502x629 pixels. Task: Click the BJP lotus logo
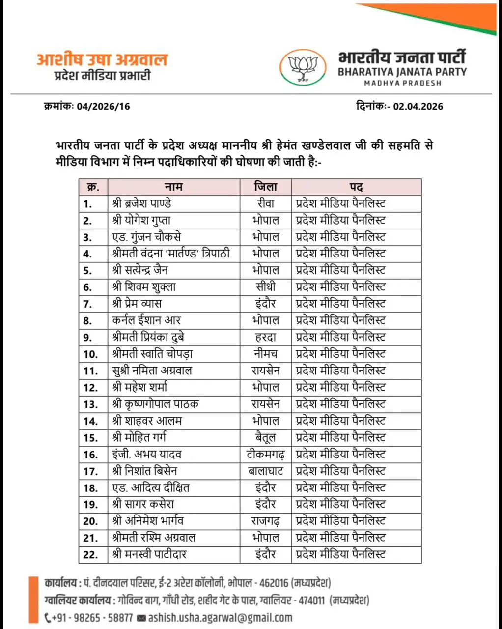pyautogui.click(x=303, y=68)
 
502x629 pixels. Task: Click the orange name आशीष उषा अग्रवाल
pyautogui.click(x=102, y=59)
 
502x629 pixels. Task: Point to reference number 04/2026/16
pyautogui.click(x=103, y=106)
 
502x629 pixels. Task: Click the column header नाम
pyautogui.click(x=173, y=187)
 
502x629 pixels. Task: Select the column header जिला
pyautogui.click(x=265, y=187)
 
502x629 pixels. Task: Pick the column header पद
pyautogui.click(x=356, y=187)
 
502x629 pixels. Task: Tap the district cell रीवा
pyautogui.click(x=265, y=203)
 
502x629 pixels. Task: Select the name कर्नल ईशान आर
pyautogui.click(x=146, y=320)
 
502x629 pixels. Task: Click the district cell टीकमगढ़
pyautogui.click(x=265, y=454)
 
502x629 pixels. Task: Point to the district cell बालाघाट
pyautogui.click(x=265, y=471)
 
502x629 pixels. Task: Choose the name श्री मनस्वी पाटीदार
pyautogui.click(x=149, y=554)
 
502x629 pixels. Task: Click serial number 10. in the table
pyautogui.click(x=91, y=354)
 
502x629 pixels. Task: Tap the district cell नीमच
pyautogui.click(x=265, y=354)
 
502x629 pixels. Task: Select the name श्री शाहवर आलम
pyautogui.click(x=147, y=421)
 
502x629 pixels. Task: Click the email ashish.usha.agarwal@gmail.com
pyautogui.click(x=220, y=618)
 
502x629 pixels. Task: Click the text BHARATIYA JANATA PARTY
pyautogui.click(x=402, y=72)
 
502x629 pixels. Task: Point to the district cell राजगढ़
pyautogui.click(x=265, y=521)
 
